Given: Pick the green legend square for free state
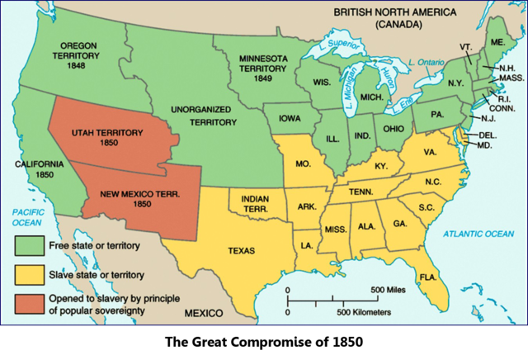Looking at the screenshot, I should pyautogui.click(x=31, y=245).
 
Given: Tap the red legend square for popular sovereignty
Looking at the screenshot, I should pyautogui.click(x=31, y=303).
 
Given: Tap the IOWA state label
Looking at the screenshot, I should pyautogui.click(x=289, y=118).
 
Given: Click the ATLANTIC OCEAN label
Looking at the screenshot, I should pyautogui.click(x=478, y=234).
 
